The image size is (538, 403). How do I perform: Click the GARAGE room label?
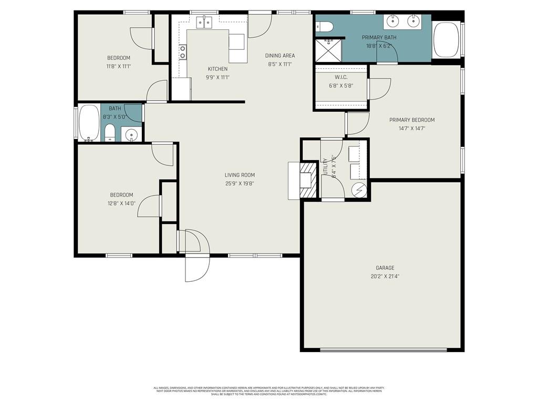tap(385, 268)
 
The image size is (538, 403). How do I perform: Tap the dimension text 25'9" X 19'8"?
tap(240, 184)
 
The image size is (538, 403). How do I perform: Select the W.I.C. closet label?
tap(341, 77)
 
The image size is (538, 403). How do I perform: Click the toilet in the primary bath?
tap(324, 26)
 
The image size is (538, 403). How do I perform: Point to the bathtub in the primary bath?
tap(447, 40)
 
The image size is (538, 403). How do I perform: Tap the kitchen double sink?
tap(204, 22)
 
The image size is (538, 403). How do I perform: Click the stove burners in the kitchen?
tap(182, 52)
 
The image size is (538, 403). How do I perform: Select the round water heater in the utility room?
tap(359, 189)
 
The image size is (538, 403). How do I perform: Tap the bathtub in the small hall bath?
tap(89, 123)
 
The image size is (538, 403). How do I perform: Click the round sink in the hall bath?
tap(131, 135)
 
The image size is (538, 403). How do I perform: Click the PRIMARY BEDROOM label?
tap(412, 120)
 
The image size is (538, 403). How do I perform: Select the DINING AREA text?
tap(280, 56)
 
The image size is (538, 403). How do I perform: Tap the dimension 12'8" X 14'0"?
tap(121, 203)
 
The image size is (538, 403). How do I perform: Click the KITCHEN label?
tap(218, 69)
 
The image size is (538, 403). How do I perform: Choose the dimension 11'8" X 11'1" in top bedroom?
tap(119, 66)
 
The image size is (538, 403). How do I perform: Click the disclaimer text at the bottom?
tap(269, 391)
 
